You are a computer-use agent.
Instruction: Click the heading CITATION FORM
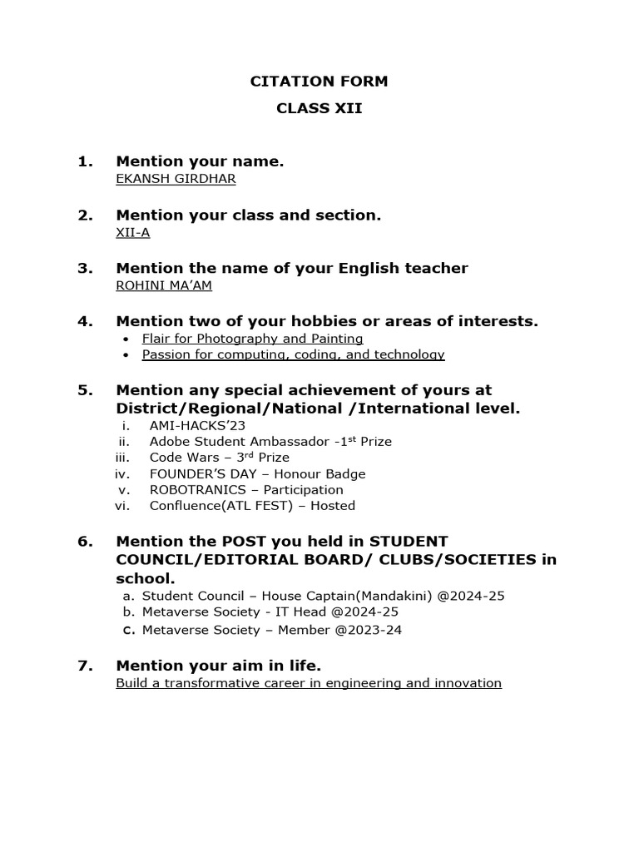(319, 82)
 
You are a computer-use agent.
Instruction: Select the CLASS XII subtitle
(319, 109)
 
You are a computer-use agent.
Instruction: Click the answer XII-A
(133, 232)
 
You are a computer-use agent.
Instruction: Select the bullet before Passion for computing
(125, 355)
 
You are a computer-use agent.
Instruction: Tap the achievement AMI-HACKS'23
(186, 425)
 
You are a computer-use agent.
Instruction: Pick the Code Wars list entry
(220, 458)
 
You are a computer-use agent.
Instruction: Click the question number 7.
(85, 666)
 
